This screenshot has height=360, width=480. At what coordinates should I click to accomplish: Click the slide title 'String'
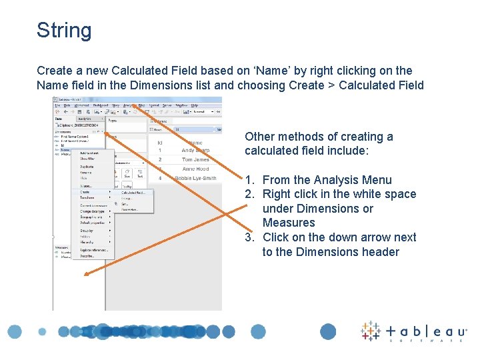tap(64, 31)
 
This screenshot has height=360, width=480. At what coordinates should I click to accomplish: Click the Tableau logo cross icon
tap(371, 331)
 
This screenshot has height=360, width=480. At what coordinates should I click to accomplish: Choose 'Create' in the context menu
tap(87, 193)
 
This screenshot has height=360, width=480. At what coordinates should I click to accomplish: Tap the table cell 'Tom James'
tap(195, 160)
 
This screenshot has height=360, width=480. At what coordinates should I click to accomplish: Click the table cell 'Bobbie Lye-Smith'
tap(195, 179)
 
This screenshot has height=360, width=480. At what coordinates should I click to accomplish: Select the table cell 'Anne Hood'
tap(195, 169)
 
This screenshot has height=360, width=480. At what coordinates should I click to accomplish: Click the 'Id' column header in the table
tap(160, 142)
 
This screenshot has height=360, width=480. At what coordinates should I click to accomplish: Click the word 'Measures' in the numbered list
tap(289, 223)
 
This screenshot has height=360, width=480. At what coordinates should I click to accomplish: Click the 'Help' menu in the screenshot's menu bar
tap(195, 105)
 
